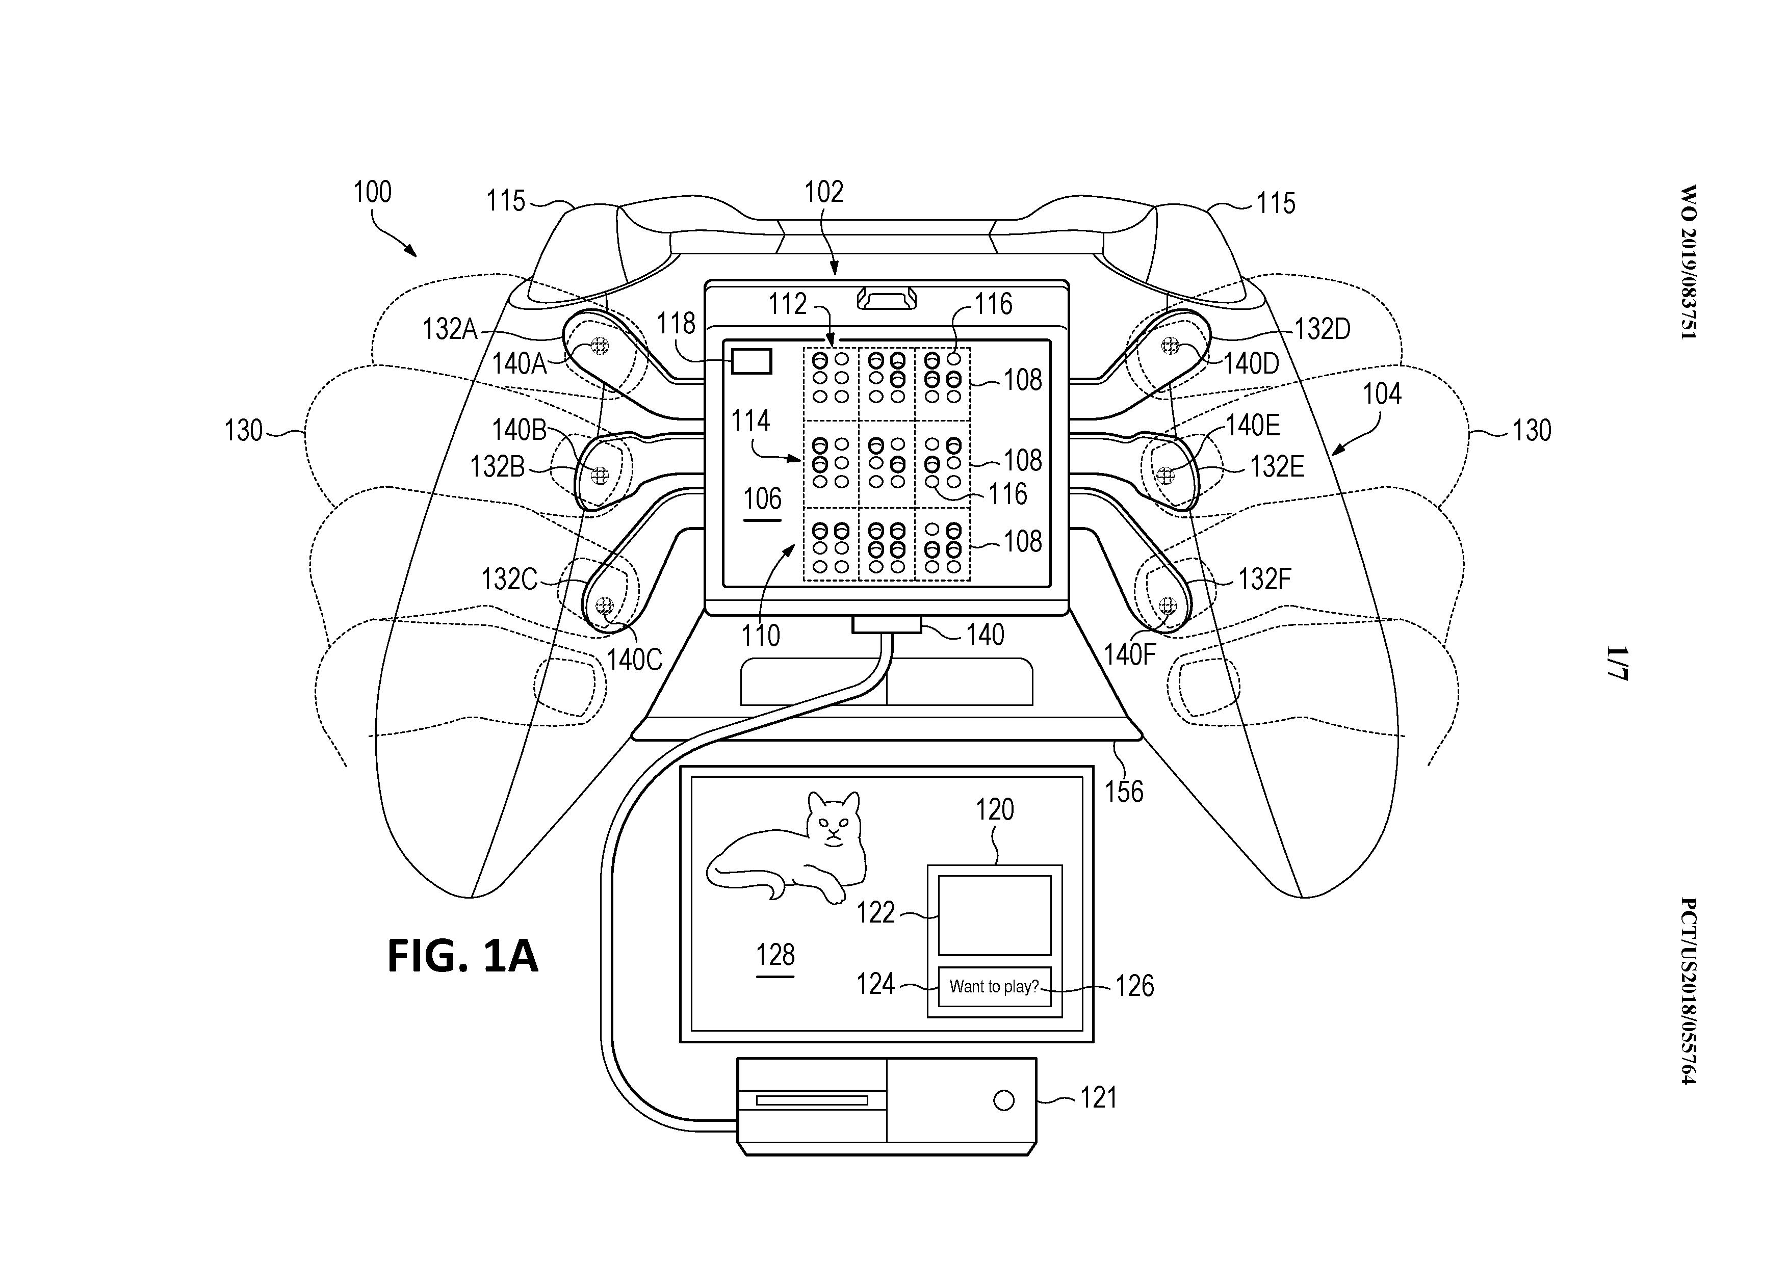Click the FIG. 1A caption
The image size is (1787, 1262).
pyautogui.click(x=462, y=956)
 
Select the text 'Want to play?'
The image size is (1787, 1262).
pyautogui.click(x=994, y=987)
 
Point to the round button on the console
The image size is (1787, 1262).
pyautogui.click(x=1004, y=1100)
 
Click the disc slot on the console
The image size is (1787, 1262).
pyautogui.click(x=812, y=1100)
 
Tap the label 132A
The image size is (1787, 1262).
pyautogui.click(x=450, y=329)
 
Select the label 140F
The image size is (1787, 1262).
pyautogui.click(x=1129, y=655)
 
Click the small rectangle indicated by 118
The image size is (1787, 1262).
pyautogui.click(x=751, y=362)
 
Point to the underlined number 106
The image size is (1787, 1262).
pyautogui.click(x=762, y=498)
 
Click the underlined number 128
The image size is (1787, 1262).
pyautogui.click(x=775, y=955)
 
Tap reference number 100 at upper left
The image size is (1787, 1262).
pyautogui.click(x=372, y=192)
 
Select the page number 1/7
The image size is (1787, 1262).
pyautogui.click(x=1616, y=663)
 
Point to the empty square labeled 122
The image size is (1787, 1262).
pyautogui.click(x=994, y=915)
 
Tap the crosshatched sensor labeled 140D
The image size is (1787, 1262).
pyautogui.click(x=1170, y=346)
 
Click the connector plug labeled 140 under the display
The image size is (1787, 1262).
pyautogui.click(x=887, y=624)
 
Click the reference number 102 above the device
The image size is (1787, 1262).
pyautogui.click(x=823, y=192)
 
